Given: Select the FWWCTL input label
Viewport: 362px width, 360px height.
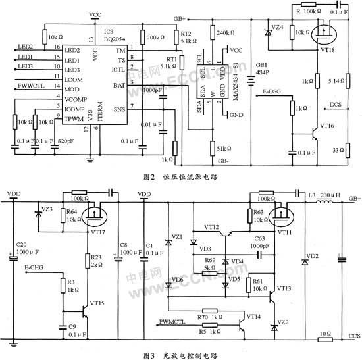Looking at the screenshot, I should tap(30, 86).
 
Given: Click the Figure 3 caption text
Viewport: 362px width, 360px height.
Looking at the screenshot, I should tap(181, 354).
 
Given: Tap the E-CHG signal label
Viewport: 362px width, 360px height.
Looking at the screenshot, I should tap(35, 267).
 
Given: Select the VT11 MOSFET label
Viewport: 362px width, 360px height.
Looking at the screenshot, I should tap(288, 231).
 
